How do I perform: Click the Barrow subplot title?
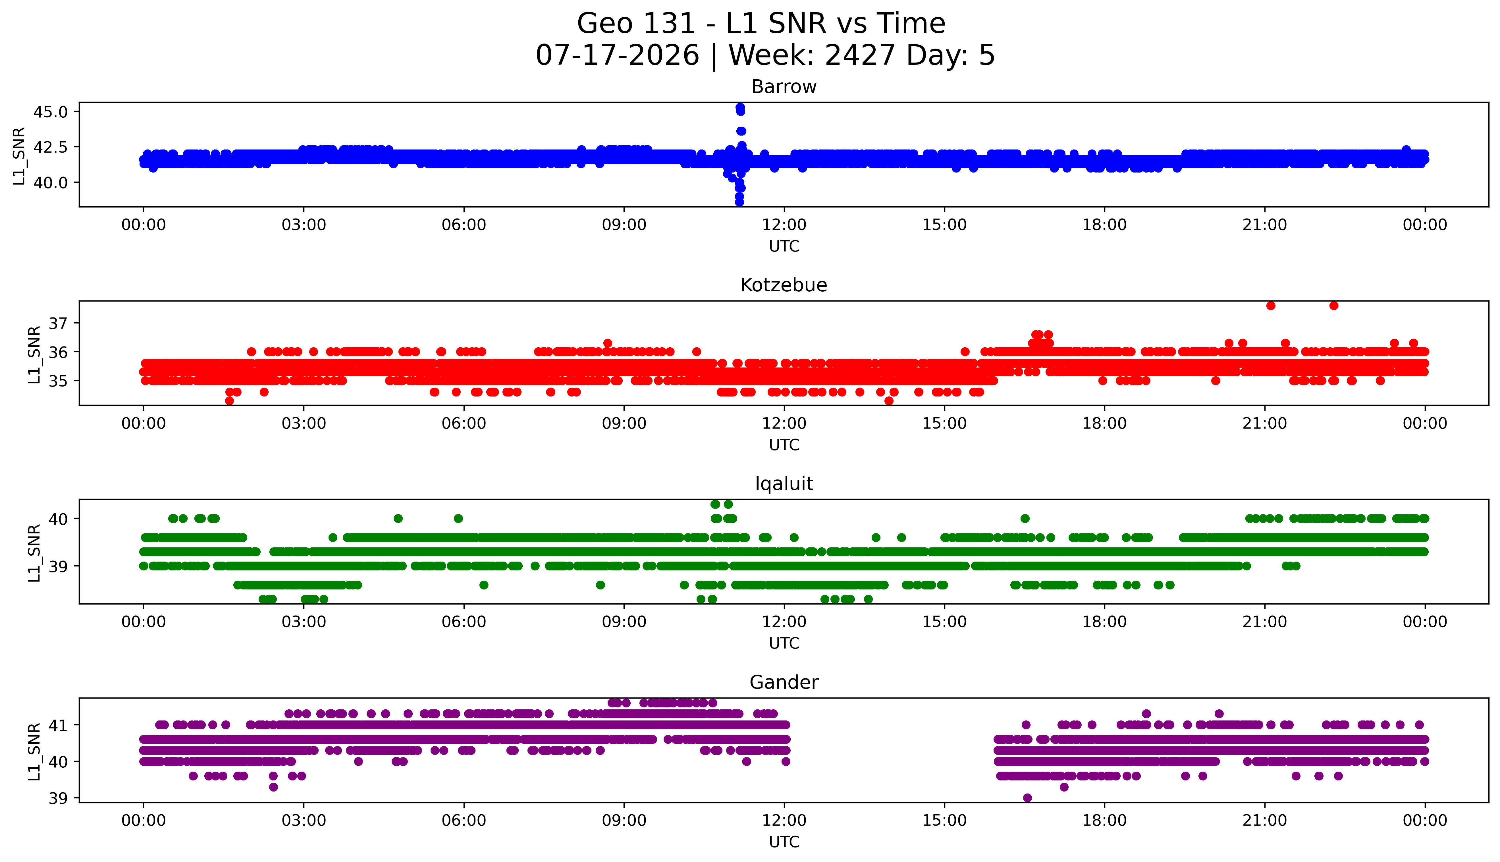point(784,87)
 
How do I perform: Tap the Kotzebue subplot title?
point(784,285)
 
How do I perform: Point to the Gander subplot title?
point(784,683)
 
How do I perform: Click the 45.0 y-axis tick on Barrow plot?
point(50,112)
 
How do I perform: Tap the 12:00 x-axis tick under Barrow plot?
point(784,225)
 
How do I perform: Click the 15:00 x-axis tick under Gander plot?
point(944,821)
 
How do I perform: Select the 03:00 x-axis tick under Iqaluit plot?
point(304,622)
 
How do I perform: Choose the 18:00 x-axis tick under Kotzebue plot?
point(1105,424)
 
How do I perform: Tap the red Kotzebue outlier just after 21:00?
point(1271,306)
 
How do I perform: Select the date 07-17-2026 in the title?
point(617,56)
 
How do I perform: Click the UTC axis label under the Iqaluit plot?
point(784,643)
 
